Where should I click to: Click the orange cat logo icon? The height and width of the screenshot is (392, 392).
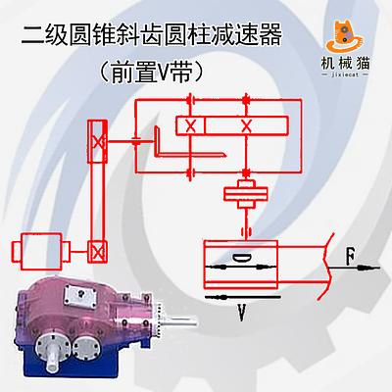(344, 36)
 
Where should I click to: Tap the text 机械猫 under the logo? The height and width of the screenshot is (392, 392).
(345, 63)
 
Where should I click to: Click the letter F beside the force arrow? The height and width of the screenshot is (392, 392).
(351, 256)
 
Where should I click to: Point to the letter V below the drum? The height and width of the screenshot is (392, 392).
(242, 313)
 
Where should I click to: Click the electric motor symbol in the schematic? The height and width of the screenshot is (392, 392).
(41, 251)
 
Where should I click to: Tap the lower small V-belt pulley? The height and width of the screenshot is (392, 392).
(97, 252)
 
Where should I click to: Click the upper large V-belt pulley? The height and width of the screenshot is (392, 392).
(97, 141)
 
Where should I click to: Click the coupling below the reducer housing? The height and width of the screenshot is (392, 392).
(245, 194)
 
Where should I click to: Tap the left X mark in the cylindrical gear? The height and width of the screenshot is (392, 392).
(190, 125)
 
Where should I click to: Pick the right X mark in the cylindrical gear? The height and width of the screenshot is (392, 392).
(246, 125)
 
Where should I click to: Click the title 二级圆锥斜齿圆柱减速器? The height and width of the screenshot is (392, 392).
(152, 34)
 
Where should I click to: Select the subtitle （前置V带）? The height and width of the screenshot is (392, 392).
(151, 72)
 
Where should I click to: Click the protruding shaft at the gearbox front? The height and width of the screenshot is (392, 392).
(52, 359)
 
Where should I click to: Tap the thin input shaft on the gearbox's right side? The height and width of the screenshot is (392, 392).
(178, 321)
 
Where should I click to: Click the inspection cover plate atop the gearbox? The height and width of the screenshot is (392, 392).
(80, 295)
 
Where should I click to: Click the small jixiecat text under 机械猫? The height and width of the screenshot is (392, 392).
(345, 74)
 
